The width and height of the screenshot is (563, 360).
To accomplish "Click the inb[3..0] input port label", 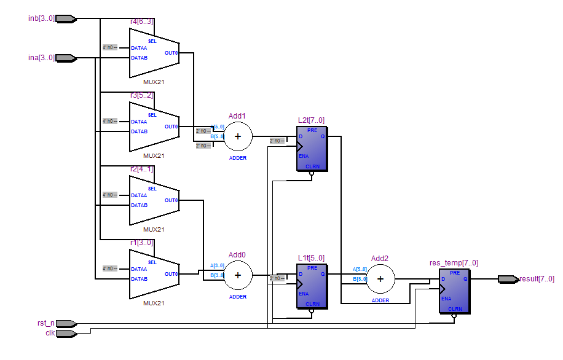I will [41, 18].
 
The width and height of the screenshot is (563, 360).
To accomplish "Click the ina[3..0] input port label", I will [41, 58].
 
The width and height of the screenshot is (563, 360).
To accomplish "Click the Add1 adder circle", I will [238, 136].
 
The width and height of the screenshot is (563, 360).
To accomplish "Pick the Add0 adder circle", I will [238, 275].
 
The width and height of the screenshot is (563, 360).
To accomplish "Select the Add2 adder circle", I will [380, 278].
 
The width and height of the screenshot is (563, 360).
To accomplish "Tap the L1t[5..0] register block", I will [312, 286].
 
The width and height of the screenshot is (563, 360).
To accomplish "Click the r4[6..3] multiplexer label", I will [141, 22].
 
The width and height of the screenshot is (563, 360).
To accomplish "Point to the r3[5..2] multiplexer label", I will [141, 95].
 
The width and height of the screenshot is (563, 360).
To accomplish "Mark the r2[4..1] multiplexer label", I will [141, 169].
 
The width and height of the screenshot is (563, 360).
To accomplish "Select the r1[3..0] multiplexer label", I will [141, 243].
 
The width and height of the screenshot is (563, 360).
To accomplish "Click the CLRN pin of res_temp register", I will [455, 309].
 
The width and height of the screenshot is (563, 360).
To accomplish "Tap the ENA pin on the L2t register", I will [304, 156].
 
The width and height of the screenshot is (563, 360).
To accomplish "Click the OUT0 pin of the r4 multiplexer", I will [171, 53].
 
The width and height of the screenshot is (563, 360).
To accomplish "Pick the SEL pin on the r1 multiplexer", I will [152, 262].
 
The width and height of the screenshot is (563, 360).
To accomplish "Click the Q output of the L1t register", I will [323, 274].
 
